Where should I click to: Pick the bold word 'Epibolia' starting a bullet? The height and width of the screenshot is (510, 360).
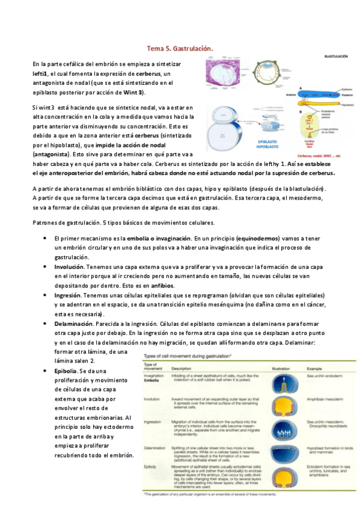(66, 372)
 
